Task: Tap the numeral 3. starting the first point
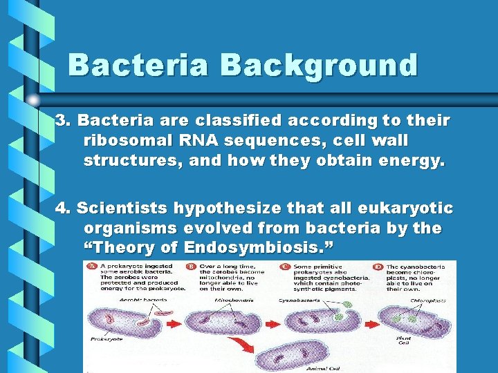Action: (x=64, y=121)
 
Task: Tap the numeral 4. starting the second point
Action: (x=64, y=208)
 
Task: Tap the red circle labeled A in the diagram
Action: (x=89, y=266)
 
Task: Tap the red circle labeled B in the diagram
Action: (x=189, y=266)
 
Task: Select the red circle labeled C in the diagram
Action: (x=284, y=266)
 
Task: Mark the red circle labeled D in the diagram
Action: (x=378, y=266)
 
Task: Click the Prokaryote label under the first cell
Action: (x=105, y=339)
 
